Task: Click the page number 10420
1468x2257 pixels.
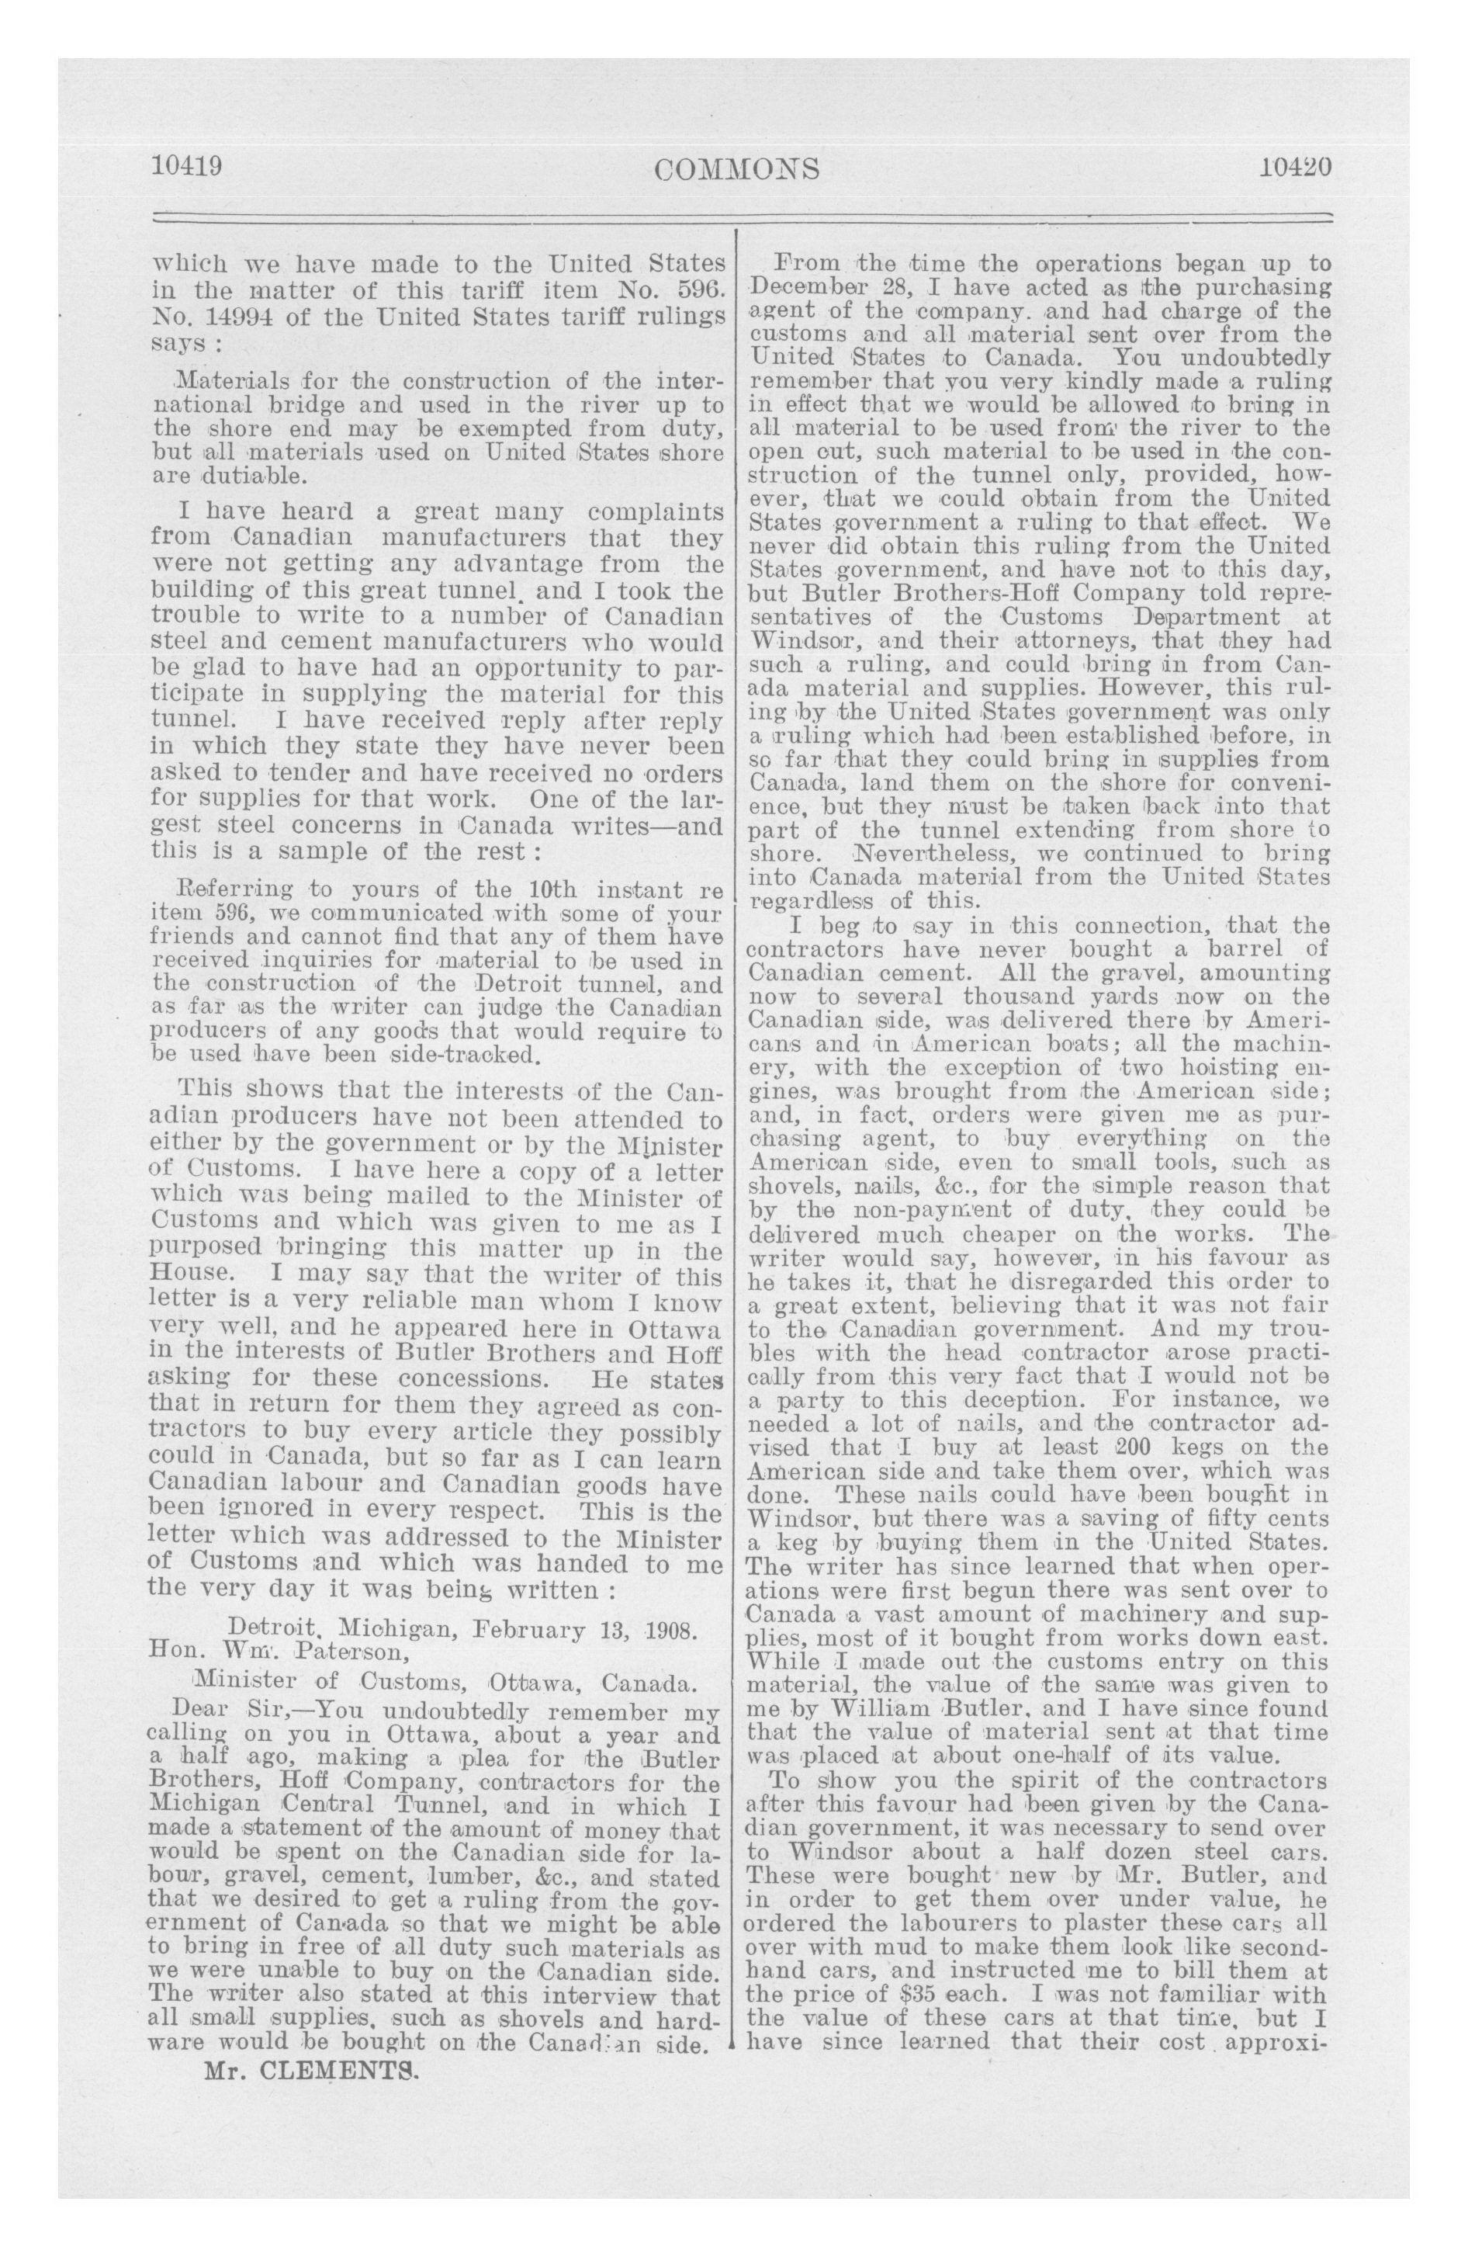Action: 1296,166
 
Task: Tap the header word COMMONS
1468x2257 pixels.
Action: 737,168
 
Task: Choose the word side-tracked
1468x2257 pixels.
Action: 465,1053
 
